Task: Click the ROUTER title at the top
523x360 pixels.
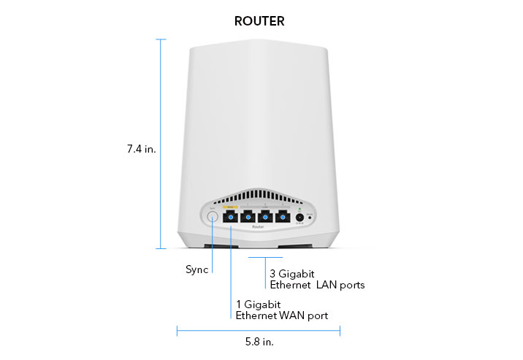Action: click(259, 21)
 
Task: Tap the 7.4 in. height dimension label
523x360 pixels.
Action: click(141, 149)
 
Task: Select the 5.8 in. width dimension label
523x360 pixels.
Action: click(259, 341)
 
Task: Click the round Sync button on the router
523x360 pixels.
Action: click(212, 217)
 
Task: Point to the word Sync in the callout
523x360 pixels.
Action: click(196, 269)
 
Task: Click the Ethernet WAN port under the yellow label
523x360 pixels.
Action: click(231, 218)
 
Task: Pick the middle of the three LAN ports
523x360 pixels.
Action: click(266, 218)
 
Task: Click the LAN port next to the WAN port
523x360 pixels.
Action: click(248, 218)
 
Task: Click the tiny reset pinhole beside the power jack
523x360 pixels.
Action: click(310, 218)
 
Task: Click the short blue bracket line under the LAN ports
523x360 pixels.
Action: click(265, 257)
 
